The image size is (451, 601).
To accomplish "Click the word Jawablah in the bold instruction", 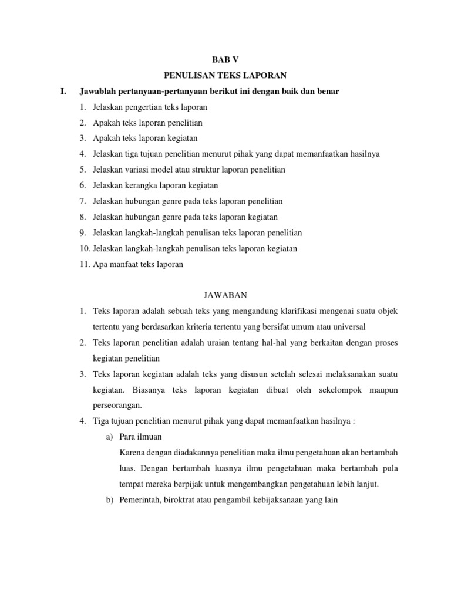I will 100,92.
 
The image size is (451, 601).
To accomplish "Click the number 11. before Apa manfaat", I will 85,264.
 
